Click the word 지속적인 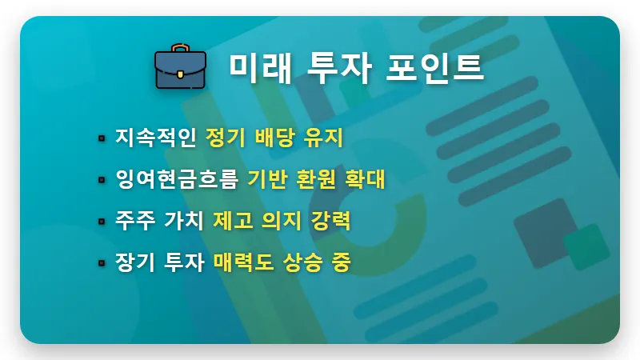pyautogui.click(x=155, y=138)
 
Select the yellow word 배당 pyautogui.click(x=277, y=138)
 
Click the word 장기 pyautogui.click(x=134, y=262)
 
